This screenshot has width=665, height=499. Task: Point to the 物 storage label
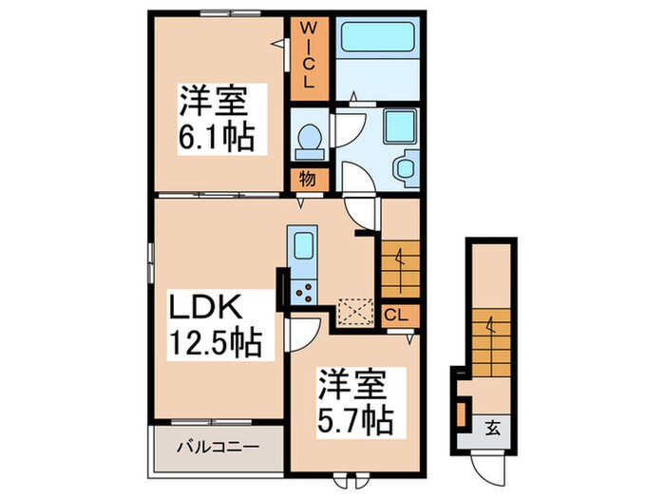coord(310,178)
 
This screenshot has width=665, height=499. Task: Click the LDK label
coord(208,308)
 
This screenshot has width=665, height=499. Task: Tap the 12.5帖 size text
coord(217,341)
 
